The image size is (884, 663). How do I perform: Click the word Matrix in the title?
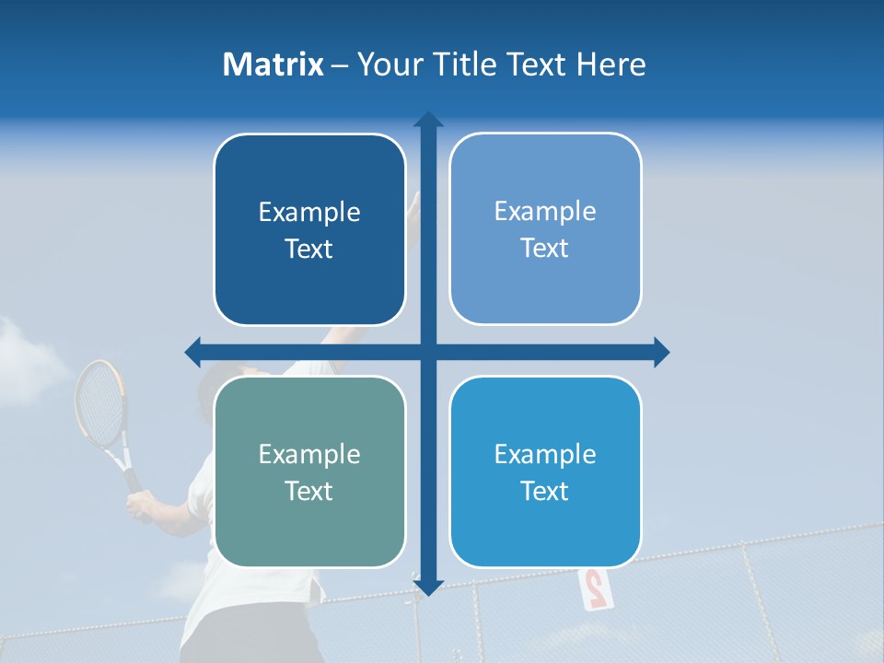[273, 64]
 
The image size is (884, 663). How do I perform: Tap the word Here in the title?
[611, 64]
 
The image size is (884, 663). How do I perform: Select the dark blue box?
[309, 230]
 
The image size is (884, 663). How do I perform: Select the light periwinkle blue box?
[545, 229]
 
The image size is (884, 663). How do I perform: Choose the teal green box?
[309, 471]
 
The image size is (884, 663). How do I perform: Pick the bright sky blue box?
[545, 471]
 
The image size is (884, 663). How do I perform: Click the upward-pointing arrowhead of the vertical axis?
[428, 120]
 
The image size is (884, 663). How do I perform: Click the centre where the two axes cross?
[428, 352]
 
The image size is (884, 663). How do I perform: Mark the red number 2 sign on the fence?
[594, 587]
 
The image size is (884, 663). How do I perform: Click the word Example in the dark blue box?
[309, 212]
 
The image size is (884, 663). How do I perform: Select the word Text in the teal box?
[309, 491]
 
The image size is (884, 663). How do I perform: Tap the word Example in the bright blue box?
[545, 454]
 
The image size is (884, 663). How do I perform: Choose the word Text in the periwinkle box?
[545, 248]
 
